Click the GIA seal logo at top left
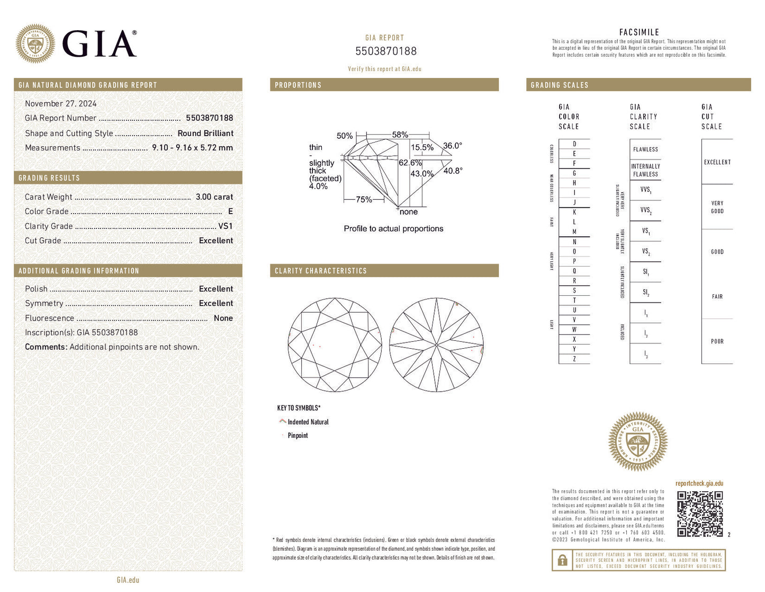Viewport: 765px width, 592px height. tap(35, 44)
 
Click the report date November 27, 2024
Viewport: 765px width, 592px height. tap(61, 104)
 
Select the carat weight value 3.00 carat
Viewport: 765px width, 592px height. tap(214, 197)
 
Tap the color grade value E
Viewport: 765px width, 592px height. tap(230, 211)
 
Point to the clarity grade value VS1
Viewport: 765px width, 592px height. tap(226, 226)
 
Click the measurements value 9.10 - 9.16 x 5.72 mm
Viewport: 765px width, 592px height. tap(192, 148)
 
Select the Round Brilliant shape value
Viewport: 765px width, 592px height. tap(205, 134)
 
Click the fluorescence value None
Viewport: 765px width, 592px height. tap(223, 319)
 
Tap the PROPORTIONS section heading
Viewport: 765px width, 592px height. tap(298, 85)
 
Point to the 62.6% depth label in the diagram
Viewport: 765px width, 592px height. tap(410, 163)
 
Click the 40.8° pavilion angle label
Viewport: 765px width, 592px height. tap(453, 171)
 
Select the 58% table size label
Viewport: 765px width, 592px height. tap(400, 135)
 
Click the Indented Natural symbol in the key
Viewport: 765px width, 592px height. tap(283, 422)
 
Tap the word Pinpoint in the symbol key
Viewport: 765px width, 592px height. tap(298, 436)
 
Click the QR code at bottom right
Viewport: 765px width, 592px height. tap(700, 514)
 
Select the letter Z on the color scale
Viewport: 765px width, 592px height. tap(574, 359)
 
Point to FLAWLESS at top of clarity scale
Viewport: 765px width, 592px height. tap(645, 149)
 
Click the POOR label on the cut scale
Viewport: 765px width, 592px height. tap(717, 342)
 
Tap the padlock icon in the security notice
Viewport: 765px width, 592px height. tap(562, 560)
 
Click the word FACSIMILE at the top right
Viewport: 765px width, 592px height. tap(639, 32)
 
